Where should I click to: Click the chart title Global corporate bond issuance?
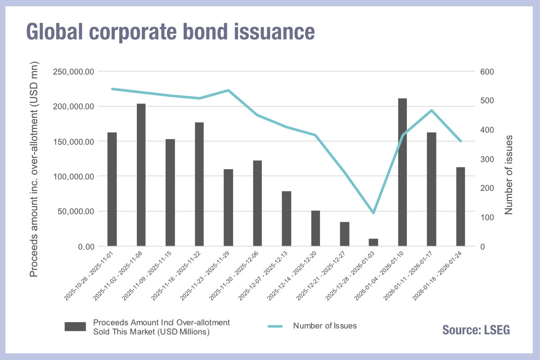(x=170, y=32)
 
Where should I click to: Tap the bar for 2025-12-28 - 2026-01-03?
(x=373, y=243)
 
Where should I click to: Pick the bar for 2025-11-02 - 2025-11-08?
(x=141, y=175)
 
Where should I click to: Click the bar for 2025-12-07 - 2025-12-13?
(x=287, y=219)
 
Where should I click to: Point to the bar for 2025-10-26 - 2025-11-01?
(x=112, y=189)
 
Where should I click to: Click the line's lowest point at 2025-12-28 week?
(x=373, y=212)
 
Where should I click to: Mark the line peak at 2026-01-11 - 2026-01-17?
(x=432, y=110)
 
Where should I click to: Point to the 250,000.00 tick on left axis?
(x=73, y=72)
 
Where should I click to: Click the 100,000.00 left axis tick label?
(x=73, y=176)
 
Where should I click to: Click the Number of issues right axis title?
(x=508, y=174)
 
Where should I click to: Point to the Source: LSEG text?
(x=476, y=329)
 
